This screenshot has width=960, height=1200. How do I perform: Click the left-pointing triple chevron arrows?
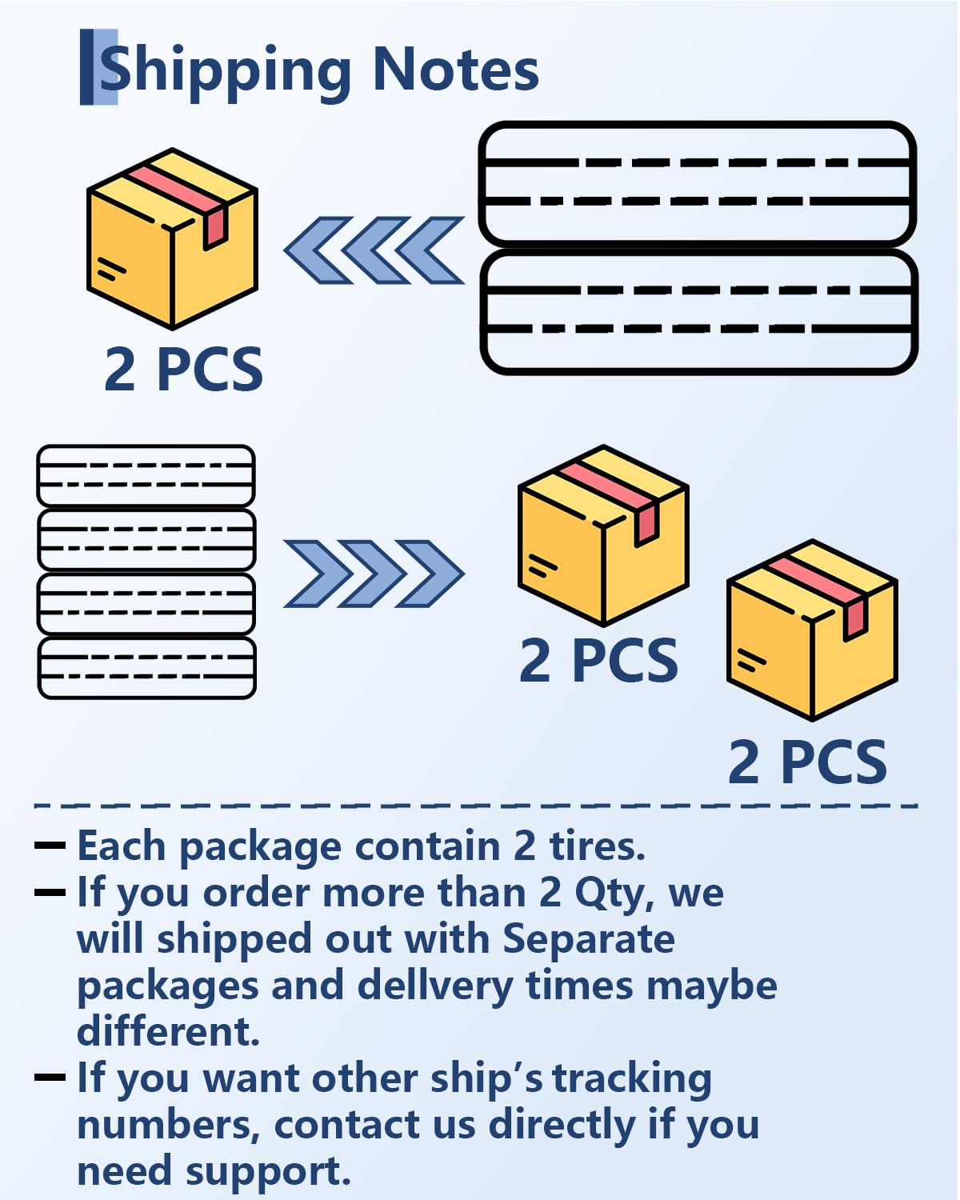374,250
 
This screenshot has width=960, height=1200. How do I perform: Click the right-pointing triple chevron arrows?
374,573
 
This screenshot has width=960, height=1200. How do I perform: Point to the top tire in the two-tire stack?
697,183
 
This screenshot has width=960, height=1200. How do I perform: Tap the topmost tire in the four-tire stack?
146,475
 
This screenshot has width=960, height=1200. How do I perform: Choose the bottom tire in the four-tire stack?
146,667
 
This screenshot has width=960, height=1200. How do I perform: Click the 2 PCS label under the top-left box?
183,369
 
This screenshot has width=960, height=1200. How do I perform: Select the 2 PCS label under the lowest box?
807,762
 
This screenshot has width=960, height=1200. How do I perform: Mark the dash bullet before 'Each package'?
50,845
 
